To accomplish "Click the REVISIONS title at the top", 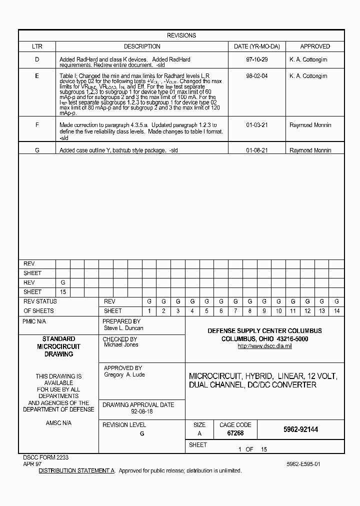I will click(181, 35).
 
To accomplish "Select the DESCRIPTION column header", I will click(142, 46).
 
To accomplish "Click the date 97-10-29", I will click(257, 59).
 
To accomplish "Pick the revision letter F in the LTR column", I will click(37, 125).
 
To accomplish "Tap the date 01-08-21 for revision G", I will click(257, 150).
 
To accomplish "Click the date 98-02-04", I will click(257, 76).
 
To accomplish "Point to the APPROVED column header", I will click(314, 46).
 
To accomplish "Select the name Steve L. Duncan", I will click(123, 328).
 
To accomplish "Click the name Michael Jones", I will click(120, 344).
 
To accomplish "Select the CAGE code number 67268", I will click(235, 433).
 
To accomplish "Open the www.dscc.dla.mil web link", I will click(264, 346).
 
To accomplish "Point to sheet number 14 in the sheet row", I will click(336, 311).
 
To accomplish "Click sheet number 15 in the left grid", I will click(63, 292).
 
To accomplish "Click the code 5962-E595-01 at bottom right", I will click(303, 464).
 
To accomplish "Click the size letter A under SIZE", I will click(199, 433).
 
